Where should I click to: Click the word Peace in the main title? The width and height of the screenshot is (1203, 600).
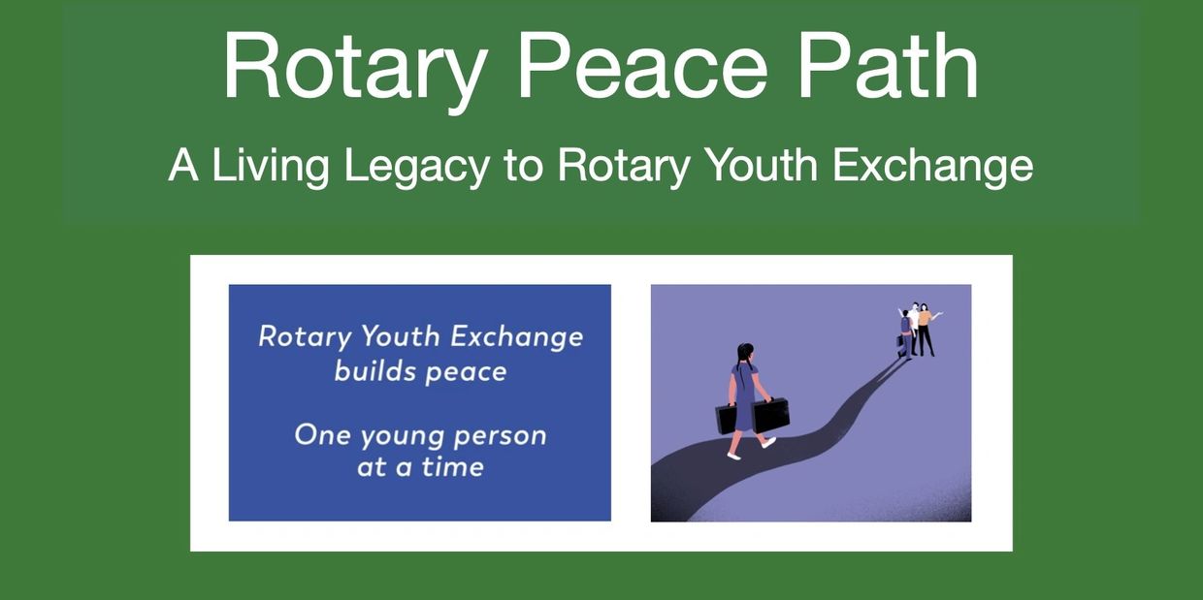[642, 66]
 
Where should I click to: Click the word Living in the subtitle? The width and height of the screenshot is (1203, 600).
[270, 167]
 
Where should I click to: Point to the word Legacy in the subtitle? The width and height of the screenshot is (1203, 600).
[416, 167]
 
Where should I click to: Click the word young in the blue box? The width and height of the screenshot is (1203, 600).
[402, 437]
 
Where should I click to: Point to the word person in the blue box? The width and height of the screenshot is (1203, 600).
[500, 437]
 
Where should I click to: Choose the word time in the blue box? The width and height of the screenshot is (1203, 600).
[453, 466]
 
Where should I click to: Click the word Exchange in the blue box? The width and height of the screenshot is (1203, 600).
[517, 338]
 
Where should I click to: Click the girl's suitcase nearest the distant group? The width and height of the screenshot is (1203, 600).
[770, 414]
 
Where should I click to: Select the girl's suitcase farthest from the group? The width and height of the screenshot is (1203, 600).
[726, 419]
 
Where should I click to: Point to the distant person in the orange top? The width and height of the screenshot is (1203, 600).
[926, 329]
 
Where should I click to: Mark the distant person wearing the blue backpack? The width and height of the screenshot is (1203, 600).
[905, 334]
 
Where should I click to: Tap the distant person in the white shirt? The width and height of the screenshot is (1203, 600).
[914, 321]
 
